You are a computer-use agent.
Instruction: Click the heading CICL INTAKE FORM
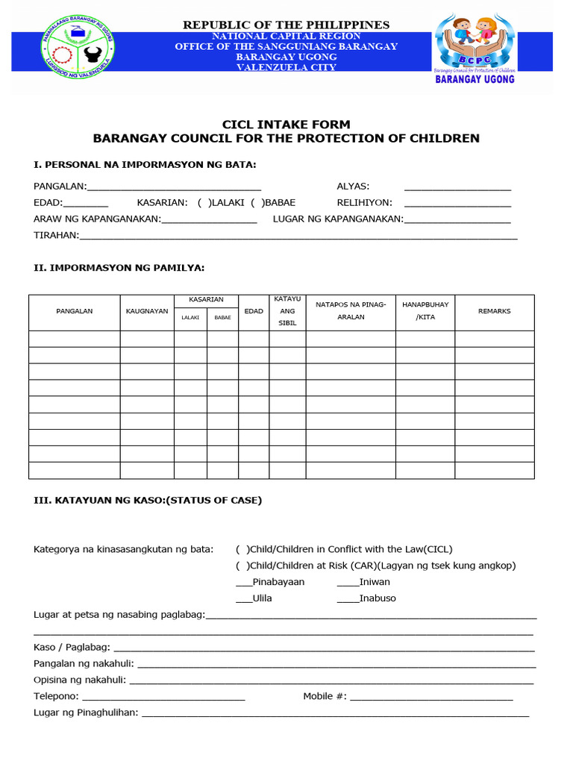[286, 125]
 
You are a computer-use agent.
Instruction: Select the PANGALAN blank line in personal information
[174, 187]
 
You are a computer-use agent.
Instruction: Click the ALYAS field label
[353, 187]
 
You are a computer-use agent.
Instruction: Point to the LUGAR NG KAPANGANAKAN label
[338, 219]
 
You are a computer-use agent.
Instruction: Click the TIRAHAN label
[56, 236]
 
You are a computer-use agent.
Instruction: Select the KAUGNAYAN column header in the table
[147, 311]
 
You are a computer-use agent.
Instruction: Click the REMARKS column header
[494, 311]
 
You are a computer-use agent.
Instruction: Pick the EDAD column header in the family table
[254, 311]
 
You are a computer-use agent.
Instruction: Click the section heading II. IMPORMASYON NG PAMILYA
[119, 267]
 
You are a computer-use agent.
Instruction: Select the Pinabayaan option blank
[243, 582]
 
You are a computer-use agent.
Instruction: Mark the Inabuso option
[347, 598]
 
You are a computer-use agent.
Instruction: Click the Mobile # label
[325, 696]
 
